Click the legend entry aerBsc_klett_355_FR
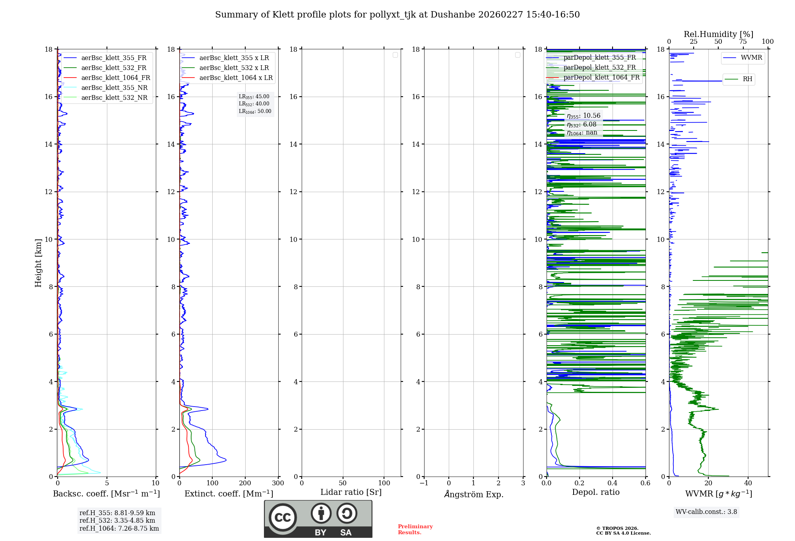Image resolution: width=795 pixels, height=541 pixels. [x=114, y=58]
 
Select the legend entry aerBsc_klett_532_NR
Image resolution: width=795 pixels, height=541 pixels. [x=114, y=98]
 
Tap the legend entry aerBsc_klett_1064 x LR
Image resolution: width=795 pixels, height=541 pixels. [x=236, y=78]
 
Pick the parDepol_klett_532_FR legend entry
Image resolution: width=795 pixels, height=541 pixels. [x=599, y=68]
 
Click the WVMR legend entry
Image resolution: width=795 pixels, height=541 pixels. [x=751, y=58]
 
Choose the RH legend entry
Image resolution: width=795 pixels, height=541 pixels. [x=747, y=79]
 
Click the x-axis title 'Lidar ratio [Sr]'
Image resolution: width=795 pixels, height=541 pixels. [x=351, y=492]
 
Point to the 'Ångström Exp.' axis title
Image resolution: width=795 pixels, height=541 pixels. [x=474, y=494]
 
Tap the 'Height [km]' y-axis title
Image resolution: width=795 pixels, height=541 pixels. [x=38, y=263]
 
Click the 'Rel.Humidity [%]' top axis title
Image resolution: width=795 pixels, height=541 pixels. [x=718, y=34]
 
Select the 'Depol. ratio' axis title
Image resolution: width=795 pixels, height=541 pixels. [x=595, y=492]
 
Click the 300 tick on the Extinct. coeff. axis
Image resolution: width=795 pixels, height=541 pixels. [x=278, y=483]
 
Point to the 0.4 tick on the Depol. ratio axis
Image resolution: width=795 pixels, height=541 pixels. [x=613, y=483]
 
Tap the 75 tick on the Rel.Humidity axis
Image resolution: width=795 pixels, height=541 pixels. [x=743, y=42]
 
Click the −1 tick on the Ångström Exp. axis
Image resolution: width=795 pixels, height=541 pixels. [x=424, y=483]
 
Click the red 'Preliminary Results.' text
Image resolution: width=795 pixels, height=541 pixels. [x=415, y=529]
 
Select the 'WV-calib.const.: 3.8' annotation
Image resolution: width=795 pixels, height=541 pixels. [x=706, y=512]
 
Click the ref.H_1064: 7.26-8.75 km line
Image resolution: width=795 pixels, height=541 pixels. [x=119, y=529]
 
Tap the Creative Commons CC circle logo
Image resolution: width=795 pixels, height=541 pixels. [x=283, y=518]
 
